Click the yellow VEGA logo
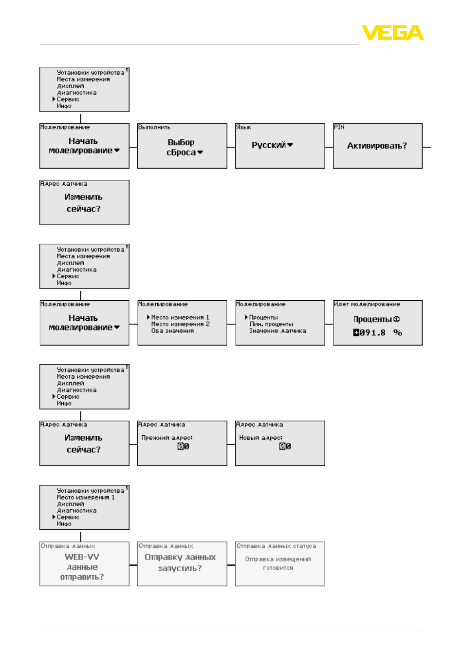point(392,32)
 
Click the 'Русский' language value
point(268,145)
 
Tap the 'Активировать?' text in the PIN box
point(377,146)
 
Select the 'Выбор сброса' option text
point(181,147)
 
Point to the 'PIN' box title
point(339,127)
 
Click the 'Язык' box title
point(243,127)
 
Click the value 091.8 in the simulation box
point(372,333)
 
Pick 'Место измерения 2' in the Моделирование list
point(180,324)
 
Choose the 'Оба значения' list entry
point(172,330)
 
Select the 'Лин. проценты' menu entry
point(271,324)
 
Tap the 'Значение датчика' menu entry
point(278,330)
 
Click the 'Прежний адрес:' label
point(167,438)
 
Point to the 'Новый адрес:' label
point(260,438)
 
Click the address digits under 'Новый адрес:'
point(285,446)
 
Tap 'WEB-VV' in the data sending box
point(82,557)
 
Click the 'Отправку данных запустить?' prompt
point(180,562)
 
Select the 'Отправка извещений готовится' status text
point(278,563)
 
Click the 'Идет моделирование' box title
point(367,304)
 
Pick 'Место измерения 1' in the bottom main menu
point(86,497)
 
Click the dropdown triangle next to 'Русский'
point(290,145)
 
